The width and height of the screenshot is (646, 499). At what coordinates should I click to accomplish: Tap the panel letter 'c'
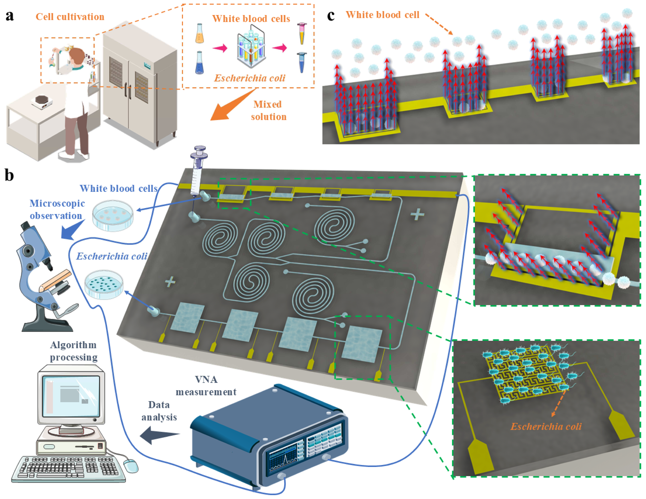point(331,15)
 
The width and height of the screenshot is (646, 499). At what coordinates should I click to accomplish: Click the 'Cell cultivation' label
point(70,17)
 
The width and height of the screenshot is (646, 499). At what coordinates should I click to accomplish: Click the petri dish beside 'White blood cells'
point(113,215)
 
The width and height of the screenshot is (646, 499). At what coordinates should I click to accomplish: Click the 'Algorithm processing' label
point(73,351)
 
